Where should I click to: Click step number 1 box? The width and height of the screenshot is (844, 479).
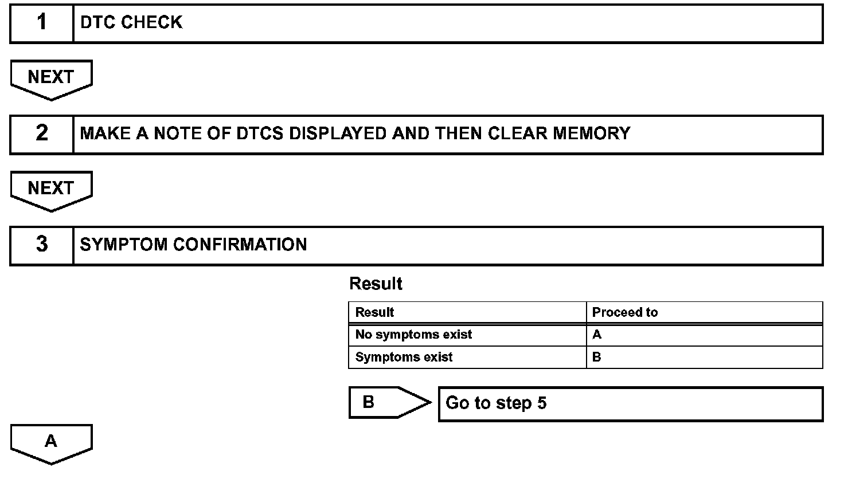pyautogui.click(x=42, y=23)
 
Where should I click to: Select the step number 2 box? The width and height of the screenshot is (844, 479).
pyautogui.click(x=42, y=134)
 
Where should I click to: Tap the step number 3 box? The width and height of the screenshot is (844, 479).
pyautogui.click(x=42, y=245)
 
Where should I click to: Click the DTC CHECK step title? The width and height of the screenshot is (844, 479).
pyautogui.click(x=131, y=23)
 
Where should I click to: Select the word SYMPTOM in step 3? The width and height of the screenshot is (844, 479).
pyautogui.click(x=124, y=245)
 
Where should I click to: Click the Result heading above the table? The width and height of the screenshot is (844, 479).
pyautogui.click(x=376, y=284)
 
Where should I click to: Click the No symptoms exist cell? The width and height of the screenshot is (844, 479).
pyautogui.click(x=413, y=335)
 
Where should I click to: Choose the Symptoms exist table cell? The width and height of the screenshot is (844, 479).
pyautogui.click(x=404, y=357)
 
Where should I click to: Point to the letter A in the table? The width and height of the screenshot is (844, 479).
pyautogui.click(x=597, y=335)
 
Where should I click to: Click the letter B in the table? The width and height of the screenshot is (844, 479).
pyautogui.click(x=597, y=357)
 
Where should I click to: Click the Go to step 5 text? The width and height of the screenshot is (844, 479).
pyautogui.click(x=496, y=403)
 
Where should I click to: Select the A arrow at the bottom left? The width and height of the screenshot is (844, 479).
pyautogui.click(x=51, y=442)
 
